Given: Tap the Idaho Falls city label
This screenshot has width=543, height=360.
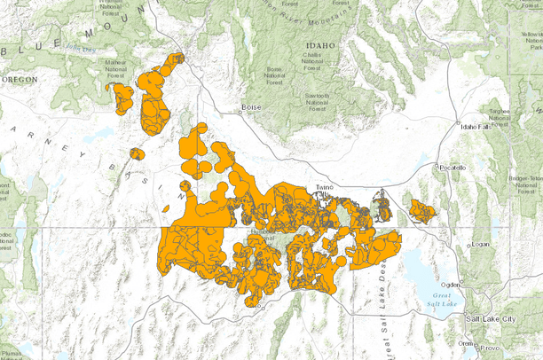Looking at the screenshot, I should pos(476,127).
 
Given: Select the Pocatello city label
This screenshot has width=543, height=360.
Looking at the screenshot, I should pos(452,167).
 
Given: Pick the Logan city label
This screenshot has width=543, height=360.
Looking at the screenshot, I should pos(480,243).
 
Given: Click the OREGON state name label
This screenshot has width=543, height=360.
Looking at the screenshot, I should pos(20,79).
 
